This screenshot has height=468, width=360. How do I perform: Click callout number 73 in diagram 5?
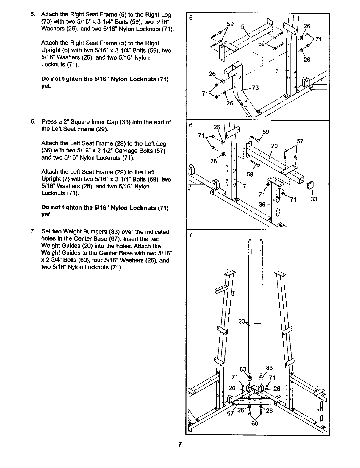tap(255, 88)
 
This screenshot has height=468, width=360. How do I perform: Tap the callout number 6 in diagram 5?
tap(277, 71)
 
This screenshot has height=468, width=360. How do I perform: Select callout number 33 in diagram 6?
tap(314, 199)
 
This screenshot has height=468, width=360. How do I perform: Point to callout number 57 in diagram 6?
tap(300, 141)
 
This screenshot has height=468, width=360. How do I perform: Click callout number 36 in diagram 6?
tap(262, 205)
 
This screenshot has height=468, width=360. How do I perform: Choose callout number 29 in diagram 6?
tap(274, 146)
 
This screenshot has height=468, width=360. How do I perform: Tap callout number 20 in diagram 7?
tap(242, 322)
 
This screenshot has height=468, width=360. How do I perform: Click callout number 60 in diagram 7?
tap(255, 423)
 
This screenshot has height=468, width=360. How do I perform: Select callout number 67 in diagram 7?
tap(230, 414)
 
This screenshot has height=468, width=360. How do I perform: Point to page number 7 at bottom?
tap(180, 445)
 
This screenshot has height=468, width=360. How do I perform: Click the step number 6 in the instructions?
tap(33, 122)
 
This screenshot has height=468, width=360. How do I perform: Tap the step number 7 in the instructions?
tap(33, 232)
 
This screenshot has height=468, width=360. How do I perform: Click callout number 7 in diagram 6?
tap(244, 187)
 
